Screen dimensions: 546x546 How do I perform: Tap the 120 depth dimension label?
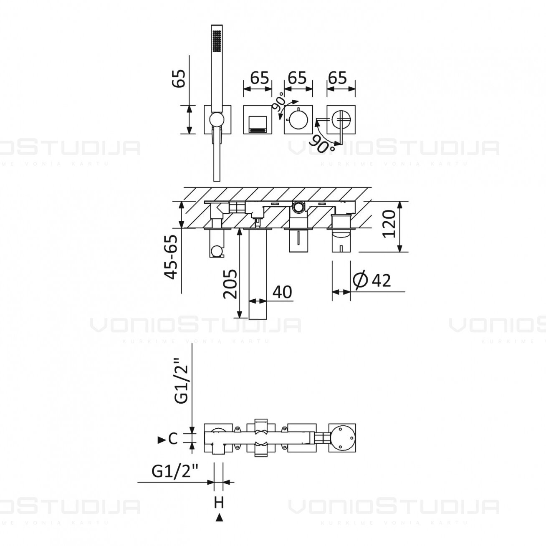coord(389,224)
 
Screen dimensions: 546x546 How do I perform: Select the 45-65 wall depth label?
coord(172,257)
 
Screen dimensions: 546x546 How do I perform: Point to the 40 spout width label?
coord(282,292)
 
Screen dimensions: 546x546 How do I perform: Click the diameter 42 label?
coord(372,280)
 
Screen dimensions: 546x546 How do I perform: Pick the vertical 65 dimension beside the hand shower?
coord(179,78)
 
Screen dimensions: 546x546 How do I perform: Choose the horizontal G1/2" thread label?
coord(174,471)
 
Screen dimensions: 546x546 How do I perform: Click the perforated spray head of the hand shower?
coord(217,41)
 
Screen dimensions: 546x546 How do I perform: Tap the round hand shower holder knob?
coord(217,119)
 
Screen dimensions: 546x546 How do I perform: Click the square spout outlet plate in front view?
coord(258,120)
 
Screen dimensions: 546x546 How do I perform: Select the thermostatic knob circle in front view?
coord(298,120)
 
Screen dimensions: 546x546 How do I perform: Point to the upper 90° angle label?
coord(278,101)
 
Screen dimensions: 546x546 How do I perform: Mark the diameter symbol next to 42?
coord(360,280)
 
